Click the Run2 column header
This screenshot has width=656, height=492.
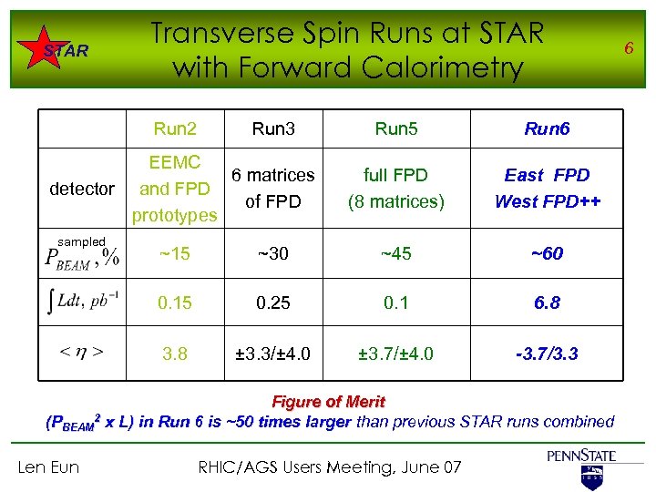point(175,128)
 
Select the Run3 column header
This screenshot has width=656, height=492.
point(273,128)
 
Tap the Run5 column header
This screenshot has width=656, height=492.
point(395,128)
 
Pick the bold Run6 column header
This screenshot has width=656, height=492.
point(547,128)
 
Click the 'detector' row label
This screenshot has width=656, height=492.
point(82,189)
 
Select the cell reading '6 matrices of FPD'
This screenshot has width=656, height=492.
point(273,187)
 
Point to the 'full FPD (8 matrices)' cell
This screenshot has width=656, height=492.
point(395,187)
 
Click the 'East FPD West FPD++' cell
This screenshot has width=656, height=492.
point(547,187)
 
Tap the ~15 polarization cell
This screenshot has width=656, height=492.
point(175,254)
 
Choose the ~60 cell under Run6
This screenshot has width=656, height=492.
point(547,254)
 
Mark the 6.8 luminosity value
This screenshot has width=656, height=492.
point(547,302)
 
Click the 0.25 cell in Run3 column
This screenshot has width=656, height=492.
point(273,302)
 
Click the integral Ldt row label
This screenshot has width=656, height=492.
point(82,302)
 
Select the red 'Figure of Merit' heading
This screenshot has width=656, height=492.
point(329,402)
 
